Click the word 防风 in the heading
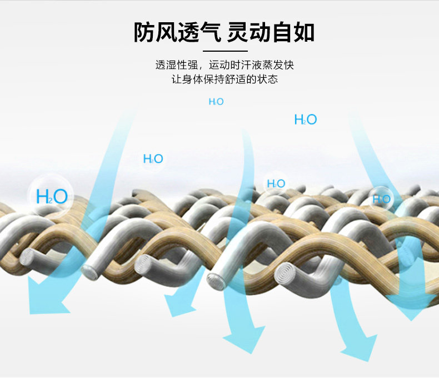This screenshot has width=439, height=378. click(151, 32)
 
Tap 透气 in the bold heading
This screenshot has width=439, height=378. click(197, 32)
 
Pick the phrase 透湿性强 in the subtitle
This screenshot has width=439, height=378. click(172, 65)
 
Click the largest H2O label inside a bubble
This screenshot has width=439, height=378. click(52, 196)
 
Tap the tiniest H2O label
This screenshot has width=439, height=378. click(216, 102)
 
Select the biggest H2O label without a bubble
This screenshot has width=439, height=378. click(305, 119)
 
